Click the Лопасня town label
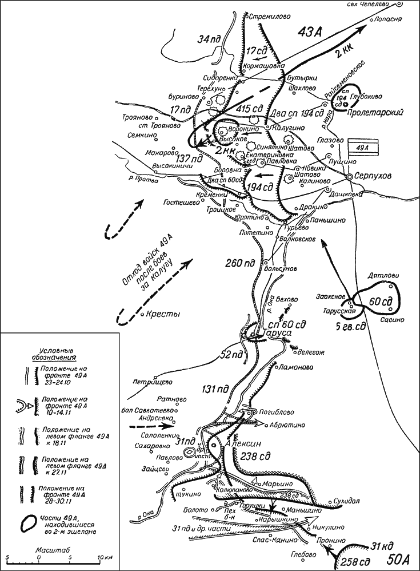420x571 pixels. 390,19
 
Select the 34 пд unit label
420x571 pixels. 207,41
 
